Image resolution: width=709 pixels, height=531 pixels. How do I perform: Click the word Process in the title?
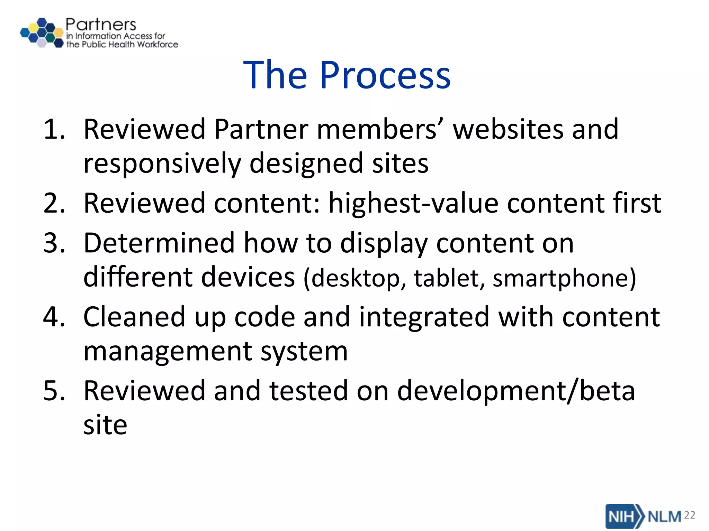click(385, 75)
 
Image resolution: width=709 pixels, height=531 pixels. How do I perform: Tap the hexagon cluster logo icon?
click(42, 33)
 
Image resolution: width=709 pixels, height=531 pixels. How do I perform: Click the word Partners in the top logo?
click(101, 25)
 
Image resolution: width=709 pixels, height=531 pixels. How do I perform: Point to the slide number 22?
click(690, 515)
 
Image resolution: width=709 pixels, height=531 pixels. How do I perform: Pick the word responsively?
click(162, 163)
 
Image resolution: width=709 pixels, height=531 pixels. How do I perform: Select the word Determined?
click(159, 243)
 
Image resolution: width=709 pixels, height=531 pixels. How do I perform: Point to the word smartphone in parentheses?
click(561, 278)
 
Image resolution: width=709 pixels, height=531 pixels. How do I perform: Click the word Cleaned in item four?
click(134, 317)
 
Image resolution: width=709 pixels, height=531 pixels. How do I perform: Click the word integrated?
click(424, 317)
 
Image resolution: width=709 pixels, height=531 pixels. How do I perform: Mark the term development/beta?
click(516, 391)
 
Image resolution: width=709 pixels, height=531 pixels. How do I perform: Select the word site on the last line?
click(105, 425)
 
